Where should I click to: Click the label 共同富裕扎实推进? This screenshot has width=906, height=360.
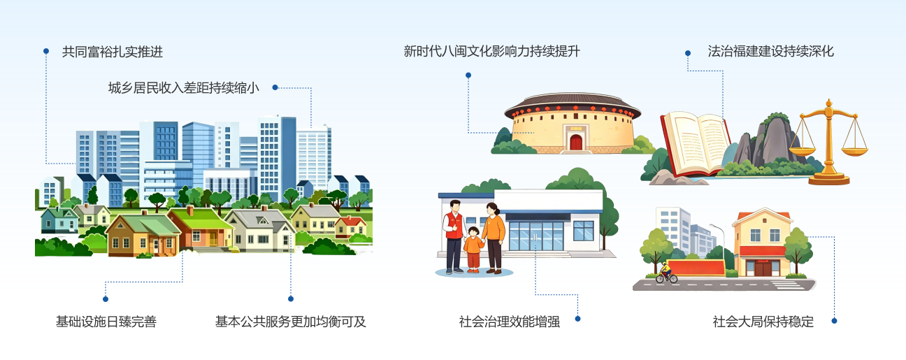(113, 52)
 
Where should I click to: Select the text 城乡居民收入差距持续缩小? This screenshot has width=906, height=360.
(184, 88)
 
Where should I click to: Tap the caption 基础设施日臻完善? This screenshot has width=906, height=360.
(106, 322)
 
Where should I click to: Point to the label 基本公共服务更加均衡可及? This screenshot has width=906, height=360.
(290, 322)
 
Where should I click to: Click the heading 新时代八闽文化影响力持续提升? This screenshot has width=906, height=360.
(492, 51)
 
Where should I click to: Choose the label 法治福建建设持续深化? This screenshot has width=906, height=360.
(771, 51)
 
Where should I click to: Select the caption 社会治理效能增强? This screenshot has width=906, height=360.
(510, 322)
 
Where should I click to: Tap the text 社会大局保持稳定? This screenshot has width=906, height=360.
(763, 322)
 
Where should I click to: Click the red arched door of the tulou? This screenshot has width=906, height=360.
(576, 142)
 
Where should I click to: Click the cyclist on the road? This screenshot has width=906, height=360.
(666, 273)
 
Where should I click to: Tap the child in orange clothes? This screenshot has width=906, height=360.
(473, 249)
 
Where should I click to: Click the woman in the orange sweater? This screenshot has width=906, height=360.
(494, 238)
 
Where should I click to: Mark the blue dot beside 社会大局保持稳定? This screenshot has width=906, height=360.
(834, 321)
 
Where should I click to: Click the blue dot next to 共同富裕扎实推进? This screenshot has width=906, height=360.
(46, 51)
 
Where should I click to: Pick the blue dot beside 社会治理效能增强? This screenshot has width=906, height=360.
(577, 319)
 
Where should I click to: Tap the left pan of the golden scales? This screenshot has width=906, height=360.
(803, 151)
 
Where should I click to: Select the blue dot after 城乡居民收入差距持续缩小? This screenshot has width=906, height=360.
(275, 87)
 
